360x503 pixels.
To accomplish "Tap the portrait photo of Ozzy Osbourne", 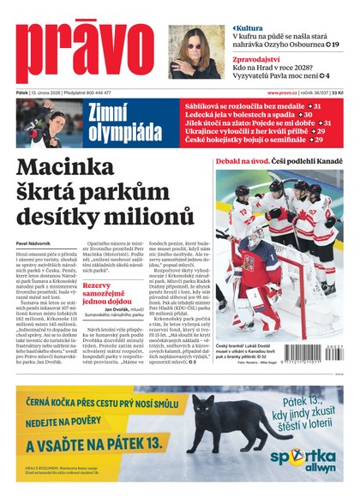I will [x=195, y=52].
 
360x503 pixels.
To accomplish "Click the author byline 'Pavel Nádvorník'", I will [x=36, y=244].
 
